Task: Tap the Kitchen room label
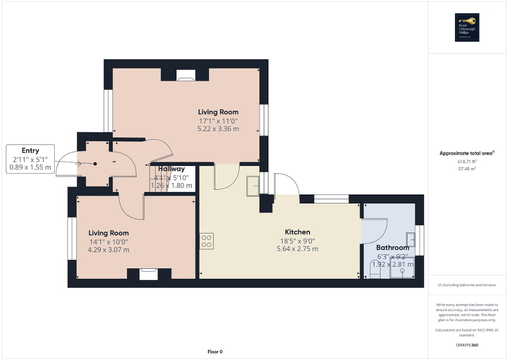(297, 232)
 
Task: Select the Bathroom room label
(392, 248)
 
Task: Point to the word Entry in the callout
(30, 151)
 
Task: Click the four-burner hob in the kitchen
(206, 241)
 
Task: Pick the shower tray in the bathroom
(402, 268)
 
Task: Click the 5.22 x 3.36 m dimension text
(218, 129)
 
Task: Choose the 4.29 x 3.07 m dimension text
(108, 250)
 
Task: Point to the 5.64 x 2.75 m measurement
(297, 249)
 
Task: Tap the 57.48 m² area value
(467, 169)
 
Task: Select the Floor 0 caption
(214, 352)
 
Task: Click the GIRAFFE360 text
(467, 345)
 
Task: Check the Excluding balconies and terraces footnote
(467, 285)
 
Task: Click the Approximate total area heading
(467, 153)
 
